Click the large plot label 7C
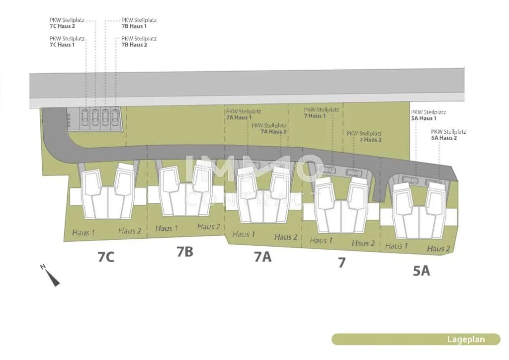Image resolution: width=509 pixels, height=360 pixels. [x=106, y=257]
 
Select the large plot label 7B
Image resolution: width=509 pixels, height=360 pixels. [x=185, y=252]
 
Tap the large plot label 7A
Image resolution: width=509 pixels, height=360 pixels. [x=262, y=257]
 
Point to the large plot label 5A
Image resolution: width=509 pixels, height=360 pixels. [x=422, y=270]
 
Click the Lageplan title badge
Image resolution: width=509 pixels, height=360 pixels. [x=416, y=339]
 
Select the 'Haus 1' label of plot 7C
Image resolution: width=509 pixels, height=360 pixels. [x=84, y=232]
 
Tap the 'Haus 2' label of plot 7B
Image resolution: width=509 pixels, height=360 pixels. [x=209, y=227]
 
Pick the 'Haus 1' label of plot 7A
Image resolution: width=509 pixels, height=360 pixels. [x=244, y=234]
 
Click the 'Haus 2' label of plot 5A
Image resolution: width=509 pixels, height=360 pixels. [x=438, y=249]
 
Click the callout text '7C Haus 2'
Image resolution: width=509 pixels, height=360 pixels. [x=62, y=26]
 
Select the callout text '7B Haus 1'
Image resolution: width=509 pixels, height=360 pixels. [x=134, y=26]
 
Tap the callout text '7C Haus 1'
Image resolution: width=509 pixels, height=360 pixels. [x=62, y=45]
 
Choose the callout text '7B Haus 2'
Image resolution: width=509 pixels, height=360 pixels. [x=134, y=45]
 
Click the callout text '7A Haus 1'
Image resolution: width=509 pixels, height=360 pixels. [x=239, y=117]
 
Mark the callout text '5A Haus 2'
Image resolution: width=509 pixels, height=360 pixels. [x=444, y=138]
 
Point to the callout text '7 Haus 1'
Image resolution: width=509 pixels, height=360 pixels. [x=315, y=116]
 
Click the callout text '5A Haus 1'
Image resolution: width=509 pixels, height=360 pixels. [x=424, y=118]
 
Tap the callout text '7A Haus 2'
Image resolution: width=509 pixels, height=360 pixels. [x=273, y=132]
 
